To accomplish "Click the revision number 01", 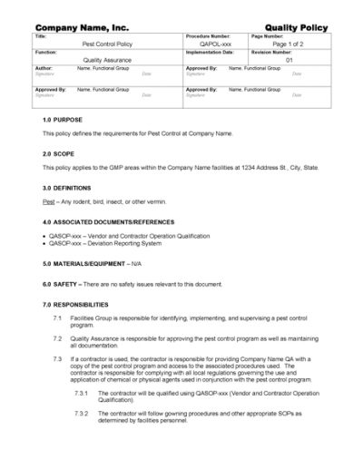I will [289, 60].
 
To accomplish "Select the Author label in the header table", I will [44, 68].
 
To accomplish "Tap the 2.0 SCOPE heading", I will [59, 153].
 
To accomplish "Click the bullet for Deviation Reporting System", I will [45, 243].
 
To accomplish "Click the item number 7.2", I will [57, 337].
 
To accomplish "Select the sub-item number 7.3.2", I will [81, 413].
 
